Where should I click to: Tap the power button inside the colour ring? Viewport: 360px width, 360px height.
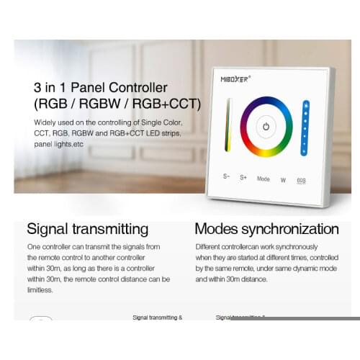coord(266,126)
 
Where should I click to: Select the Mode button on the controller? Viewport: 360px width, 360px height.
coord(263,178)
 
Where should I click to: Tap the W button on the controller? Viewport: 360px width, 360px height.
coord(283,178)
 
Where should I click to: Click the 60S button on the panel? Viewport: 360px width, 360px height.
coord(302,178)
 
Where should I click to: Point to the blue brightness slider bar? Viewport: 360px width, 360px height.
coord(305,127)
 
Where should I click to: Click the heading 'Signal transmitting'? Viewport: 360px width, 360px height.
coord(87,229)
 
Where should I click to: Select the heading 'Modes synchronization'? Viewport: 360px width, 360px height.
coord(266,229)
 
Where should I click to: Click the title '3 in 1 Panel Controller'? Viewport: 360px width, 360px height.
coord(100,89)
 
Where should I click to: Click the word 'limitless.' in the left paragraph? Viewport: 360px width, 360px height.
coord(40,290)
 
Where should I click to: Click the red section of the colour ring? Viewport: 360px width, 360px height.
coord(251,107)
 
